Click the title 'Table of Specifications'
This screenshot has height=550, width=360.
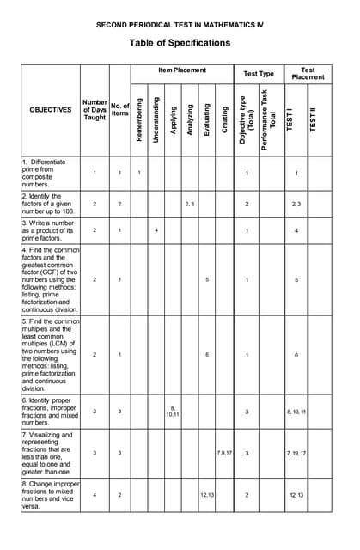coord(180,43)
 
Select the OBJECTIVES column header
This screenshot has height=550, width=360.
coord(51,110)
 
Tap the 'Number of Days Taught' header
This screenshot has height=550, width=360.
coord(95,110)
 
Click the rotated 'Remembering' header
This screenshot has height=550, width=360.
coord(139,120)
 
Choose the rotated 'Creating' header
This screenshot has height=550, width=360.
coord(225,120)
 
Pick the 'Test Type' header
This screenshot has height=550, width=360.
coord(259,74)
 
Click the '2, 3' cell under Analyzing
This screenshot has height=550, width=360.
coord(191,204)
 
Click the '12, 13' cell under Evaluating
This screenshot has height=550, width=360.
coord(207,495)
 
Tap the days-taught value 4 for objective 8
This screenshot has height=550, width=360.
coord(95,495)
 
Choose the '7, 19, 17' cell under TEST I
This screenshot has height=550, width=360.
coord(296,452)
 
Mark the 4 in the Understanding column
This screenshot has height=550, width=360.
coord(156,230)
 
